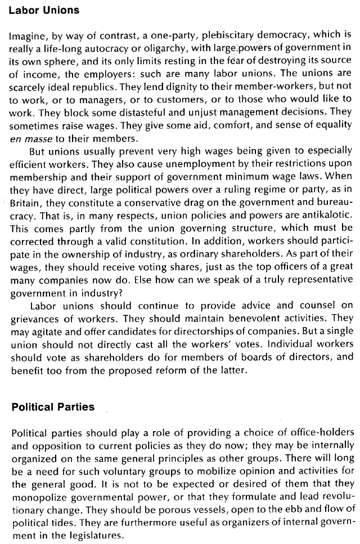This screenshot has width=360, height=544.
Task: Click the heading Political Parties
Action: click(x=53, y=407)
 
